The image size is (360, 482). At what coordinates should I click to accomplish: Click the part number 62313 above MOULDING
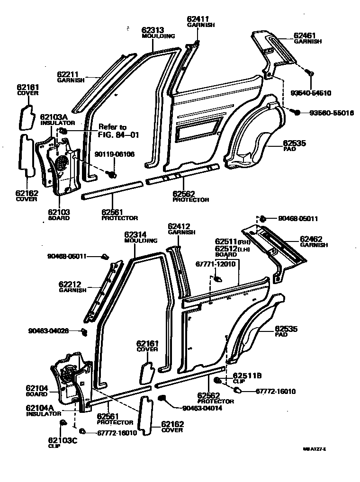pos(153,30)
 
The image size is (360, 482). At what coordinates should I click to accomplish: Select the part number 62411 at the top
pos(198,19)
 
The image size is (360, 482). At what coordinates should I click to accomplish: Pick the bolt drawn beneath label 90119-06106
pos(113,174)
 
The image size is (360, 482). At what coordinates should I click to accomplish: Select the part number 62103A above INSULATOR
pos(54,116)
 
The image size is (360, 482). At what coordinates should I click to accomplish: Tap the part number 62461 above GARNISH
pos(305,35)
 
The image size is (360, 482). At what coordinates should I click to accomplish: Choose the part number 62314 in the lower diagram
pos(136,234)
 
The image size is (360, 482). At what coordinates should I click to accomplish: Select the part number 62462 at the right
pos(310,239)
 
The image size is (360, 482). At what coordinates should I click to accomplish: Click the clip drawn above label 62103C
pos(62,422)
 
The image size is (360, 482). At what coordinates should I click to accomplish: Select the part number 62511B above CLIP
pos(247,375)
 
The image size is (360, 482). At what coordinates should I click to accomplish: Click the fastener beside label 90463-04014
pos(162,398)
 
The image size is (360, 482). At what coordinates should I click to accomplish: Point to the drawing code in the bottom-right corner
pos(315,449)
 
